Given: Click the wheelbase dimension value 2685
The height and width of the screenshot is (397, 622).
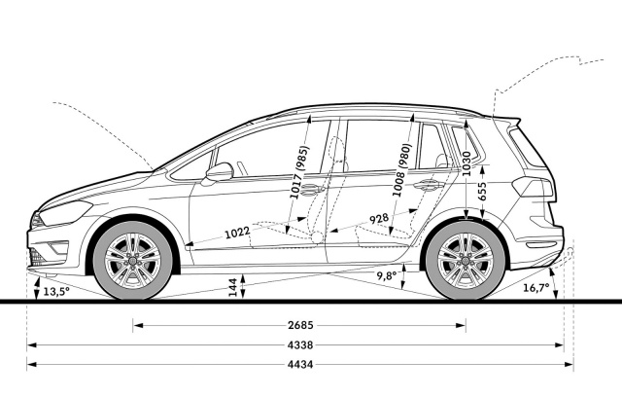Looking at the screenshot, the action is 300,326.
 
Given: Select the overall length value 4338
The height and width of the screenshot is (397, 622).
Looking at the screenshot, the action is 300,345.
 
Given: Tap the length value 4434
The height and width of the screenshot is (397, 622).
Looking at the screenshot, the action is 300,364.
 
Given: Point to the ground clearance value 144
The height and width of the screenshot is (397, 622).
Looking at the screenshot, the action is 233,287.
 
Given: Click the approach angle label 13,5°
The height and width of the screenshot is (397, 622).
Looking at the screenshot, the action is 56,291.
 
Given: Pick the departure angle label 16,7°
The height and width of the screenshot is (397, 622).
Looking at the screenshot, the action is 536,287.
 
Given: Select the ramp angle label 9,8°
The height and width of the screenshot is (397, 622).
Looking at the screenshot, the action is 387,275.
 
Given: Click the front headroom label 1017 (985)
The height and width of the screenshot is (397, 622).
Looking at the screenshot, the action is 299,172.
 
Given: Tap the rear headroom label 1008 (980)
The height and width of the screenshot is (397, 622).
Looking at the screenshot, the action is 401,169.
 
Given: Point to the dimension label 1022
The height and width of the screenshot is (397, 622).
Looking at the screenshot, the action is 237,233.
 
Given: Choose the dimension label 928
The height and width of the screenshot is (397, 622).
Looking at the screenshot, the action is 379,218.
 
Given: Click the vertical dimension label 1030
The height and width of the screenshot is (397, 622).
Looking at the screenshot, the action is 466,163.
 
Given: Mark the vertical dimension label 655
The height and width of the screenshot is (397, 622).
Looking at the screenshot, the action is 482,192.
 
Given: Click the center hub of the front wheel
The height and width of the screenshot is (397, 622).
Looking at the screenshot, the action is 132,261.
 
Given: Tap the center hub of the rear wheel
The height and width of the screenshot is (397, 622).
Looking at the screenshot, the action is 466,261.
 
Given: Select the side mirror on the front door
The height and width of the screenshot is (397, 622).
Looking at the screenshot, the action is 220,171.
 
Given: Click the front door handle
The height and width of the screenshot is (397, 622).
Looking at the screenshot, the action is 312,190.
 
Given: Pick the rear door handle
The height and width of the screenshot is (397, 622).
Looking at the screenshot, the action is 428,185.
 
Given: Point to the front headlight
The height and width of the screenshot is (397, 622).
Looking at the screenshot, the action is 66,213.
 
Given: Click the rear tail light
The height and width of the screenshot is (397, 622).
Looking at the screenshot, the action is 533,187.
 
